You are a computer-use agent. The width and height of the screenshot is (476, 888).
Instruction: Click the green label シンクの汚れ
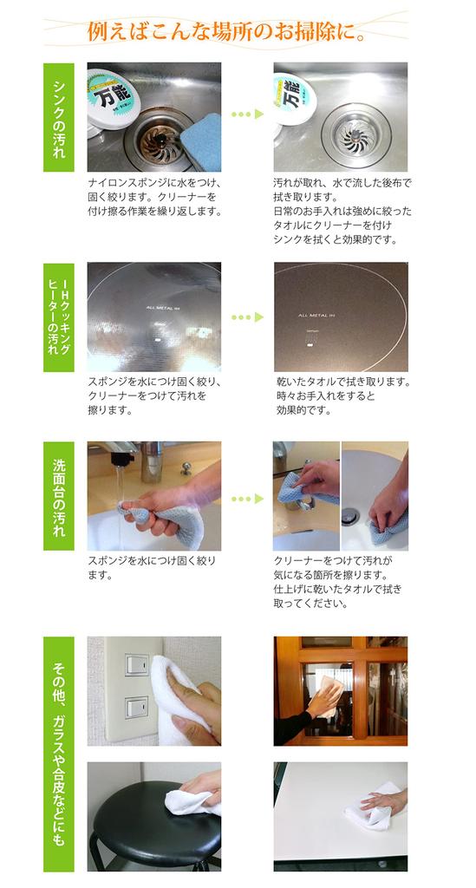point(59,117)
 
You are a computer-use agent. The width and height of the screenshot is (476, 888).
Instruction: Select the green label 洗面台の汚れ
point(59,495)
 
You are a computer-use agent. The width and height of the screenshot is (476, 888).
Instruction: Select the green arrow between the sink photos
point(247,114)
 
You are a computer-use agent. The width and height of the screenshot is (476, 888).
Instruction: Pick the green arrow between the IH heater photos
point(247,317)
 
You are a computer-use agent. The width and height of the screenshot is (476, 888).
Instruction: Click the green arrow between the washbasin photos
point(247,499)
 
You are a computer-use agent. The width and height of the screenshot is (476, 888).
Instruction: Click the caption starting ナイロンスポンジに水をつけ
point(157,197)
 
